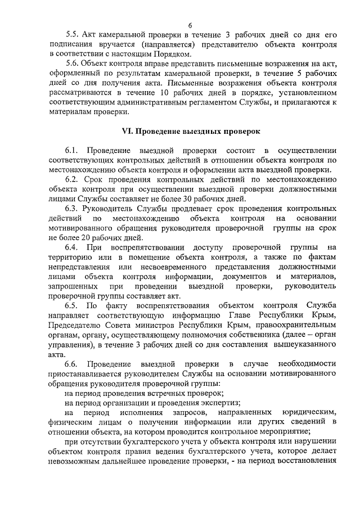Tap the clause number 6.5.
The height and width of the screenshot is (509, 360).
pos(71,305)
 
